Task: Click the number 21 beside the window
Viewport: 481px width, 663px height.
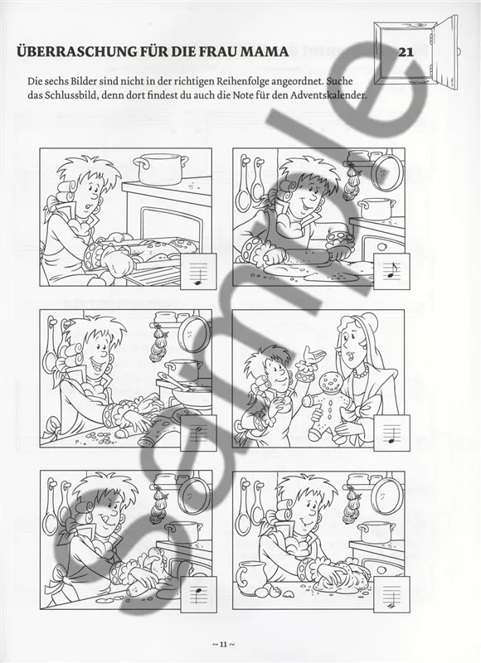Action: (406, 52)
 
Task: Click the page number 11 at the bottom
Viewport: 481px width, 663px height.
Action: (223, 644)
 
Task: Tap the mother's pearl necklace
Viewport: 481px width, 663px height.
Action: (361, 372)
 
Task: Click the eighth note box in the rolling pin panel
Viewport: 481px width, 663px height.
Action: (391, 271)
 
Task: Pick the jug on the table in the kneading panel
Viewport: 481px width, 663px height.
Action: (250, 578)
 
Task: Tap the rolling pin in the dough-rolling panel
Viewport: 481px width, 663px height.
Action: (308, 254)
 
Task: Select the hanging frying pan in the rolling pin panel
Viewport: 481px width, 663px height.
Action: (387, 172)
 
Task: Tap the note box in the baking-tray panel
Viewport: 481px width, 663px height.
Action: (198, 271)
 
